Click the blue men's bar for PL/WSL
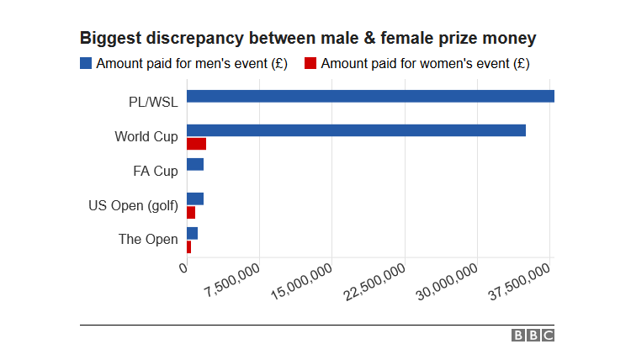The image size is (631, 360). pyautogui.click(x=370, y=96)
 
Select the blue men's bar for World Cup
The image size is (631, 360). pyautogui.click(x=356, y=130)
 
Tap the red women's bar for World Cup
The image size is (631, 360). pyautogui.click(x=196, y=144)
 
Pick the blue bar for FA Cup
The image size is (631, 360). pyautogui.click(x=195, y=165)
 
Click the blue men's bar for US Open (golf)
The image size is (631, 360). pyautogui.click(x=195, y=199)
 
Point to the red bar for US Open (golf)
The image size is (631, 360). pyautogui.click(x=191, y=212)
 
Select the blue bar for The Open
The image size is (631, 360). pyautogui.click(x=192, y=233)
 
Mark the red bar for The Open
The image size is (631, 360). pyautogui.click(x=188, y=246)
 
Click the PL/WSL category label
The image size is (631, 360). pyautogui.click(x=153, y=103)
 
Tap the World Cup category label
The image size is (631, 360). pyautogui.click(x=146, y=136)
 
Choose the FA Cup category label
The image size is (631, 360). pyautogui.click(x=156, y=171)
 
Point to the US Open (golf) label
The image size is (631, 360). pyautogui.click(x=133, y=205)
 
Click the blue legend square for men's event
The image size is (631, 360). pyautogui.click(x=86, y=63)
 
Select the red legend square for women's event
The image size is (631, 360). pyautogui.click(x=310, y=63)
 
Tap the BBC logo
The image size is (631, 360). pyautogui.click(x=533, y=336)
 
